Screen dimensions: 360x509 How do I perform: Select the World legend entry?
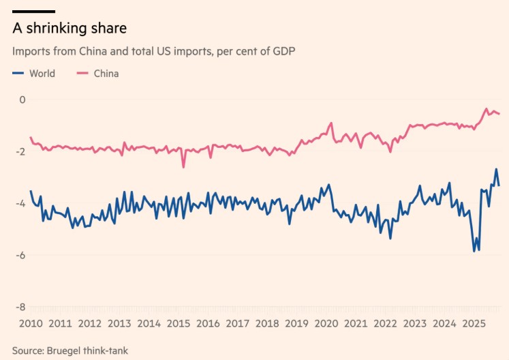[42, 74]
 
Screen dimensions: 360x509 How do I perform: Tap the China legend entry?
[106, 74]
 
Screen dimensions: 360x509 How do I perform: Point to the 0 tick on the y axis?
[22, 100]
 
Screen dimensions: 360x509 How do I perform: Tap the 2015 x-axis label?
[178, 324]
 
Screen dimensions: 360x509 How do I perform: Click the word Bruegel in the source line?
[67, 350]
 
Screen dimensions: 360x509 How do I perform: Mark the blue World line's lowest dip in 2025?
[475, 252]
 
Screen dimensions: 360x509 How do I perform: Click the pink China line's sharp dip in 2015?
[183, 166]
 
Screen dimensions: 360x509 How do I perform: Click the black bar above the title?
[33, 11]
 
